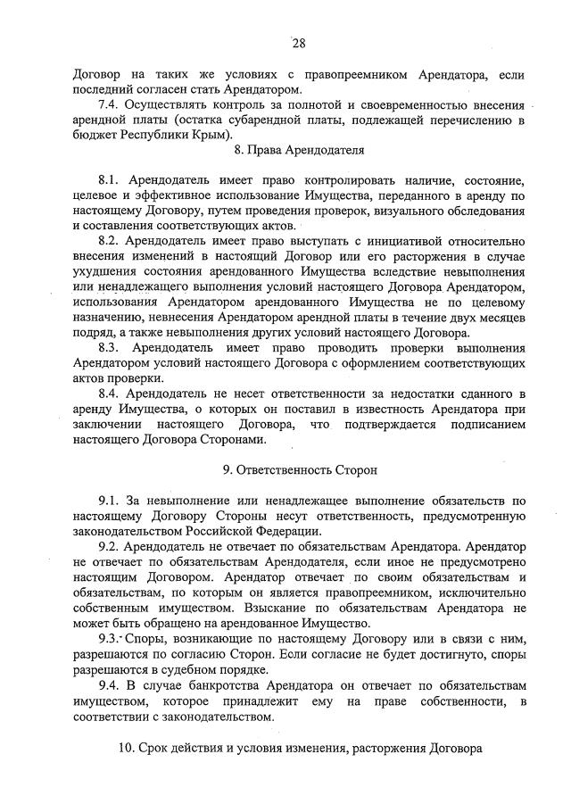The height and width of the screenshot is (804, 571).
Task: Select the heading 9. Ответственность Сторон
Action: [299, 468]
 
